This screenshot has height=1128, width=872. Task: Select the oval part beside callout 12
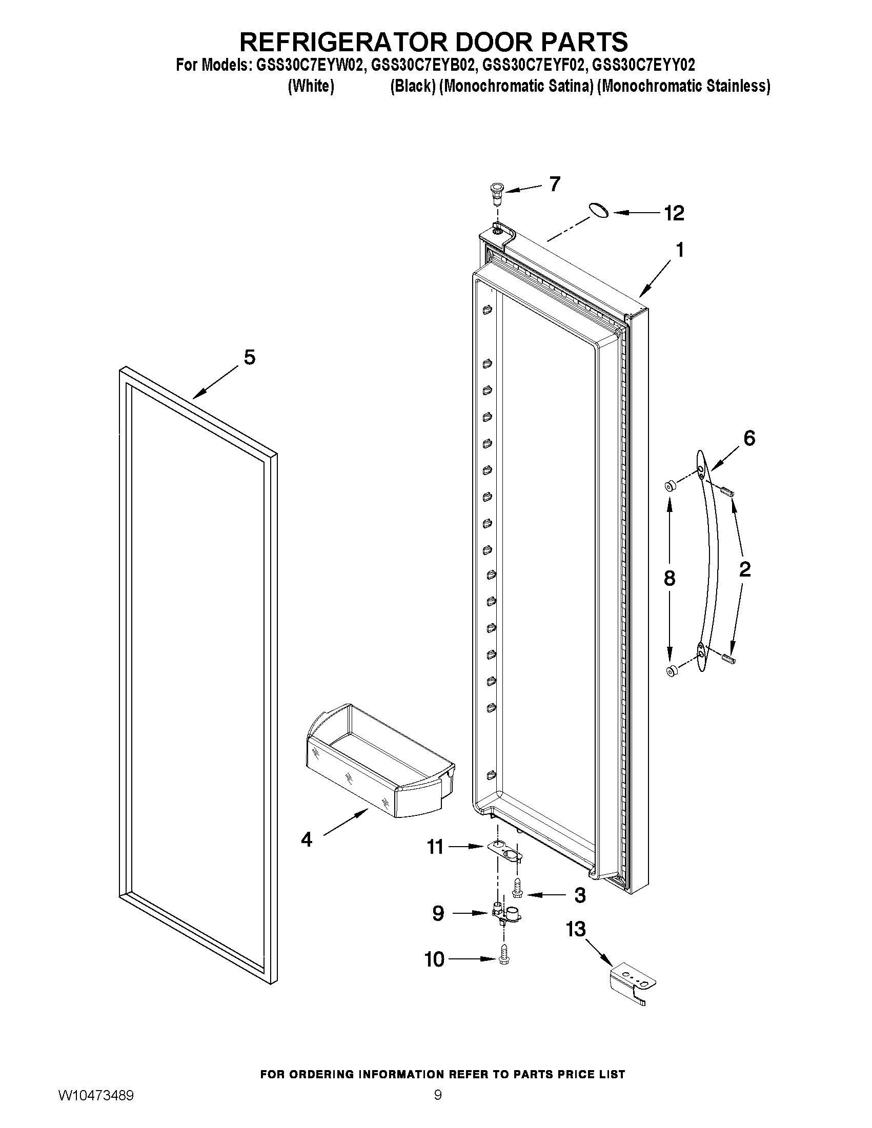598,211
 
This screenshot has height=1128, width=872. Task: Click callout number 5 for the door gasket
250,357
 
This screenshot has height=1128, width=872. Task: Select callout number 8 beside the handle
670,578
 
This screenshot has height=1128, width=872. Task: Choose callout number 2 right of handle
744,569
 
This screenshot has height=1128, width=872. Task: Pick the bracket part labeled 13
632,985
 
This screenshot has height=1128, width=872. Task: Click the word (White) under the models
311,86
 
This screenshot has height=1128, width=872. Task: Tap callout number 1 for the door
680,250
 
